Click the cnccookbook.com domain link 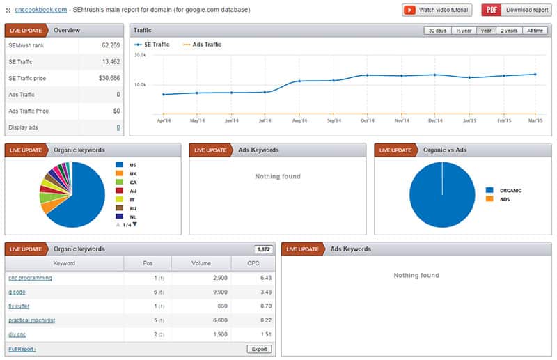(41, 10)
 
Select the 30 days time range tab (437, 31)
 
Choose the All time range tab (535, 31)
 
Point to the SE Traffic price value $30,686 (108, 77)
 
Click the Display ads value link (118, 127)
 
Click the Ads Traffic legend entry (203, 45)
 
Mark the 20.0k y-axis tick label (139, 54)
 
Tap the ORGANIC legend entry (509, 189)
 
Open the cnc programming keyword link (30, 278)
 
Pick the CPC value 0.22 (265, 320)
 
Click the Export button (259, 348)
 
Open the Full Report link (22, 348)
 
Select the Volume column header (201, 263)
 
